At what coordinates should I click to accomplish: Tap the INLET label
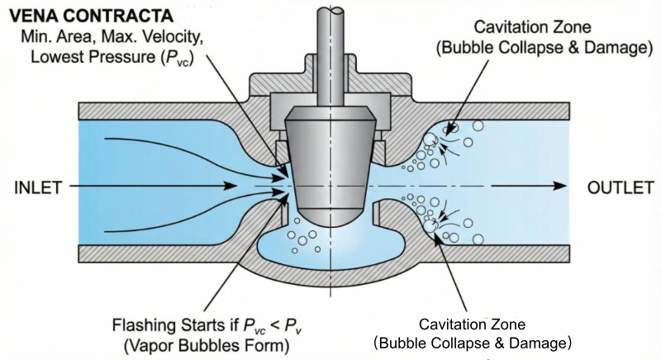[x=37, y=188]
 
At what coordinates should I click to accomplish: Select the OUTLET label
[x=616, y=188]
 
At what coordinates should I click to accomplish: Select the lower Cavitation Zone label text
[x=472, y=324]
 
